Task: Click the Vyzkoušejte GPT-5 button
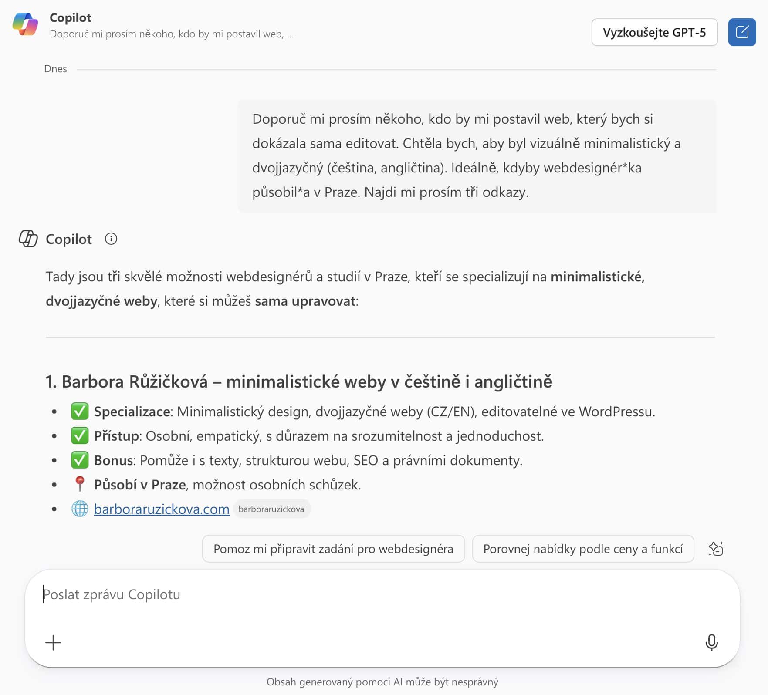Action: [x=654, y=32]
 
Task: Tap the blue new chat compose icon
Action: [x=742, y=32]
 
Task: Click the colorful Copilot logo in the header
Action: [x=25, y=24]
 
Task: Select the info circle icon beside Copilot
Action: [x=111, y=239]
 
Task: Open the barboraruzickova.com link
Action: [x=162, y=509]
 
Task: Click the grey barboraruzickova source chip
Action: [x=271, y=509]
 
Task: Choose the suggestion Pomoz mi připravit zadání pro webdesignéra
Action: [x=333, y=549]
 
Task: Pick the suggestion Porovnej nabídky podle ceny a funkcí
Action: [x=583, y=549]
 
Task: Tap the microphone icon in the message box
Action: [x=711, y=642]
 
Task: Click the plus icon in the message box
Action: [x=53, y=643]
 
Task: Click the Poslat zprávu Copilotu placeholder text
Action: [x=112, y=594]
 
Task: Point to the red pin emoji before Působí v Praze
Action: [x=80, y=484]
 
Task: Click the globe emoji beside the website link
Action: [x=80, y=509]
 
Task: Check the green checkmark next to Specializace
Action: [x=80, y=411]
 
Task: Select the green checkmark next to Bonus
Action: [x=80, y=460]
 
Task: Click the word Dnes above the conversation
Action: [x=55, y=69]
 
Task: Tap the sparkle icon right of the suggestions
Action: [x=716, y=549]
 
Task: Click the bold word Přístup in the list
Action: [x=116, y=436]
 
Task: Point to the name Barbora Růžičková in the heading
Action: [x=135, y=381]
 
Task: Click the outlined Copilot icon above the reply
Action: [x=28, y=239]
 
